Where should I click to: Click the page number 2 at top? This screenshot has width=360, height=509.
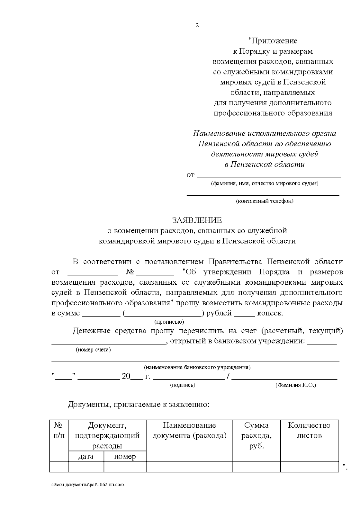(x=197, y=26)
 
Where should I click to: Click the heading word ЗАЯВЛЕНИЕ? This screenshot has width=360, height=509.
(x=197, y=220)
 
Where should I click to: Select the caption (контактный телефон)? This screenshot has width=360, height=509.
(x=264, y=201)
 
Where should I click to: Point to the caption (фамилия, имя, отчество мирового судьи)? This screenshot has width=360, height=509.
(x=264, y=183)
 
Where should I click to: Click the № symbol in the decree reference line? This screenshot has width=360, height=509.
(x=130, y=272)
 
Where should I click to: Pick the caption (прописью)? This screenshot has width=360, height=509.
(x=169, y=322)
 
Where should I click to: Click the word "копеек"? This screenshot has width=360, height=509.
(x=270, y=313)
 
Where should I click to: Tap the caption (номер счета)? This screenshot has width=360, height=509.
(x=93, y=350)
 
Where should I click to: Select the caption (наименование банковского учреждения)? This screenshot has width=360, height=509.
(x=197, y=367)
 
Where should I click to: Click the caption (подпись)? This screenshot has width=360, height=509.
(x=183, y=385)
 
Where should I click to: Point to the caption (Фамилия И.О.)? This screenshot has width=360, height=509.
(x=295, y=385)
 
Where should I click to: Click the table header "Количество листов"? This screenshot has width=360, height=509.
(x=309, y=430)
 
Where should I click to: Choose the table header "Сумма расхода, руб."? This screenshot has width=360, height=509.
(x=256, y=436)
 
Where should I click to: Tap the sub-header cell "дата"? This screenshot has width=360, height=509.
(x=86, y=457)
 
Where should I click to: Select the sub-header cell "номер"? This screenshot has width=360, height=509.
(x=125, y=457)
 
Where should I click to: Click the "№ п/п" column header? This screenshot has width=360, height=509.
(x=59, y=430)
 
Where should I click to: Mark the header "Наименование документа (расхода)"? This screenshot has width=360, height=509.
(x=189, y=430)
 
